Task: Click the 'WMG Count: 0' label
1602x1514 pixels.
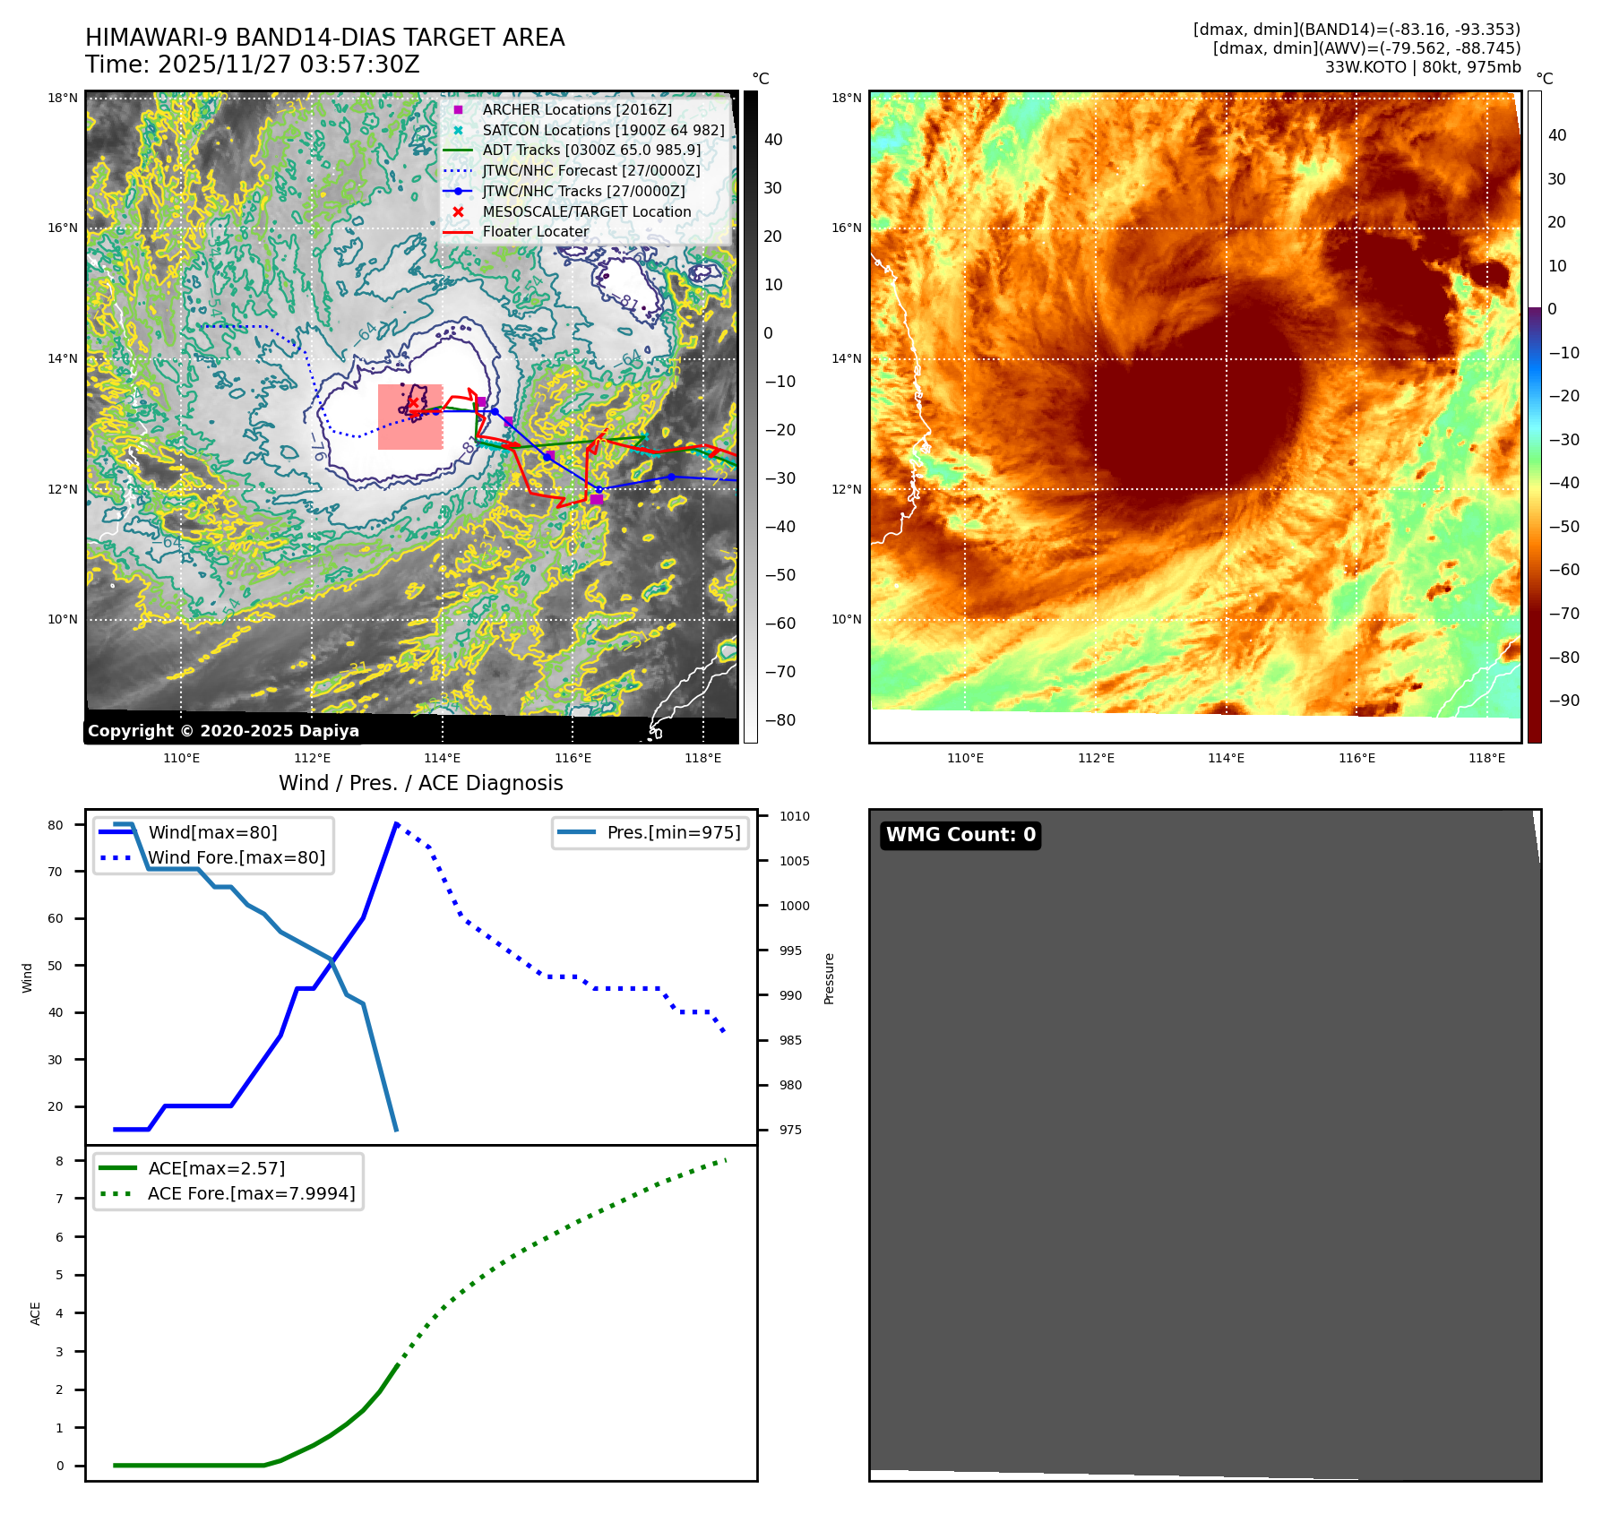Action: (960, 835)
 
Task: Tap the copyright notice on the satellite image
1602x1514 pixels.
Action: (223, 731)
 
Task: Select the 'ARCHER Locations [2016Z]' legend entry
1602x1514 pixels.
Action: (576, 109)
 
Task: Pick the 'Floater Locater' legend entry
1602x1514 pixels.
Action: (535, 231)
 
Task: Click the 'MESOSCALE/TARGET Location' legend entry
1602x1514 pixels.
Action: (586, 211)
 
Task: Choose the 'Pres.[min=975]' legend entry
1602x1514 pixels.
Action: (673, 832)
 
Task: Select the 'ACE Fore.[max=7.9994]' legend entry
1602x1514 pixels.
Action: (251, 1193)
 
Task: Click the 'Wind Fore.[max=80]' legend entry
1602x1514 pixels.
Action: (237, 857)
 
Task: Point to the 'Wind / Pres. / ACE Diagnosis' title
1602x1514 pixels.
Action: (421, 783)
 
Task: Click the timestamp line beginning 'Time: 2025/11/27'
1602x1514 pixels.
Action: (253, 65)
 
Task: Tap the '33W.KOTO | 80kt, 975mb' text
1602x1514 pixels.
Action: (1423, 67)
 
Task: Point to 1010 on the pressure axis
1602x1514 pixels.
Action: (794, 816)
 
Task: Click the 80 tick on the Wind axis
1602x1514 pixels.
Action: (56, 825)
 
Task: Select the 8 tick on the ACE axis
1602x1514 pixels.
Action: (60, 1161)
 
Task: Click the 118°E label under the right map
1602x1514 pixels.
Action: (1486, 758)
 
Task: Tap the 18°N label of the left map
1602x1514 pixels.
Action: (63, 99)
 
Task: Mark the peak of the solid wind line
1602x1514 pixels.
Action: (396, 823)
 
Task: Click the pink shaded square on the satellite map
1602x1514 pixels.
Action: (410, 417)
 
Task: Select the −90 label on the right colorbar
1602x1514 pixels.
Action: (1564, 701)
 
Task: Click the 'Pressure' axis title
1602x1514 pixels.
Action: (829, 978)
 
